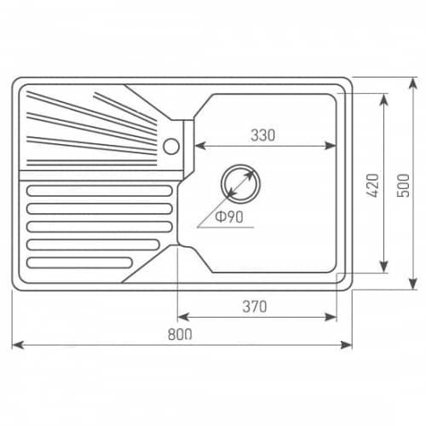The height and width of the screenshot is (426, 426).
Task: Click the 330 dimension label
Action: click(263, 135)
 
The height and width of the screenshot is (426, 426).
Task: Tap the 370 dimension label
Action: click(255, 307)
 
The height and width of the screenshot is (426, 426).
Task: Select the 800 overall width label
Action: click(180, 334)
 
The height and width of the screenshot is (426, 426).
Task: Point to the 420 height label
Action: click(373, 185)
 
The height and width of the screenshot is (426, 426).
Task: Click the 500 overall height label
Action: click(403, 185)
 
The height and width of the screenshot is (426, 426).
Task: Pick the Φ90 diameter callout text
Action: click(229, 217)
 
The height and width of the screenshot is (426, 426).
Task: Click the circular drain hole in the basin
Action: click(240, 184)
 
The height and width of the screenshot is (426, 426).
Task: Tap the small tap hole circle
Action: click(171, 147)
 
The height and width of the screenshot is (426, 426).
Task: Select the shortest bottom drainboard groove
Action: click(79, 263)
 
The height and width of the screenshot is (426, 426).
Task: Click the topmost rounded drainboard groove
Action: click(100, 191)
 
